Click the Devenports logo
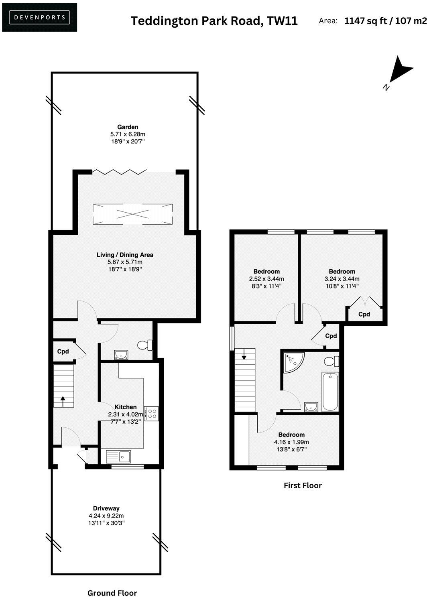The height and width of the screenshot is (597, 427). pyautogui.click(x=39, y=17)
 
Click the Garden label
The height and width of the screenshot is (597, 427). pyautogui.click(x=128, y=127)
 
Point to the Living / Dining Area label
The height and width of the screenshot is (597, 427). pyautogui.click(x=125, y=255)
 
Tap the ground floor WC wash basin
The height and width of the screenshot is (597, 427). pyautogui.click(x=121, y=354)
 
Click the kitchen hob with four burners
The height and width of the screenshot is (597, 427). pyautogui.click(x=152, y=414)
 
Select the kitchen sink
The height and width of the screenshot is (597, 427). pyautogui.click(x=118, y=457)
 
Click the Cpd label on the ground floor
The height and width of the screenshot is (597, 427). pyautogui.click(x=63, y=351)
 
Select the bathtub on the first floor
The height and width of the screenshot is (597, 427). pyautogui.click(x=330, y=391)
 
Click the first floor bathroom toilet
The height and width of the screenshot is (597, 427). pyautogui.click(x=331, y=361)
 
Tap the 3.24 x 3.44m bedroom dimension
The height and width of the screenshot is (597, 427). pyautogui.click(x=342, y=279)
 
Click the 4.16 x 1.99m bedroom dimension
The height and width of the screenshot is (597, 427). pyautogui.click(x=291, y=442)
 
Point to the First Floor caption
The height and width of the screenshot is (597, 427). pyautogui.click(x=303, y=485)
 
